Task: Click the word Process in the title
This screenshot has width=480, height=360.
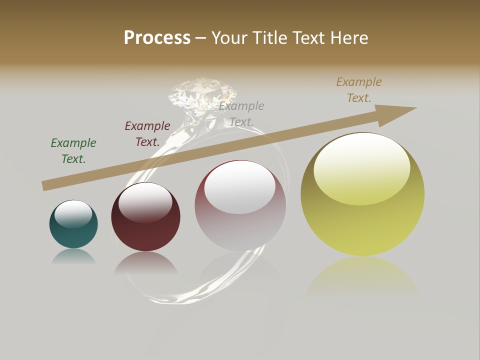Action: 157,38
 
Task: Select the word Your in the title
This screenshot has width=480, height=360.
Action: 231,38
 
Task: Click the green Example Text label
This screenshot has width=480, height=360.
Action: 73,150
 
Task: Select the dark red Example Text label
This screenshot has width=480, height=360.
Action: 147,134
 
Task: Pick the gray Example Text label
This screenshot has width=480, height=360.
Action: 241,113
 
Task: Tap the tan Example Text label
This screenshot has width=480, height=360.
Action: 359,90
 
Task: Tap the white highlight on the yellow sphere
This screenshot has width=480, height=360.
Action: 361,168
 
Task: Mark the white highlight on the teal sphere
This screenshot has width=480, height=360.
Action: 73,214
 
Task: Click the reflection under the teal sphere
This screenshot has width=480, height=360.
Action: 73,256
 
